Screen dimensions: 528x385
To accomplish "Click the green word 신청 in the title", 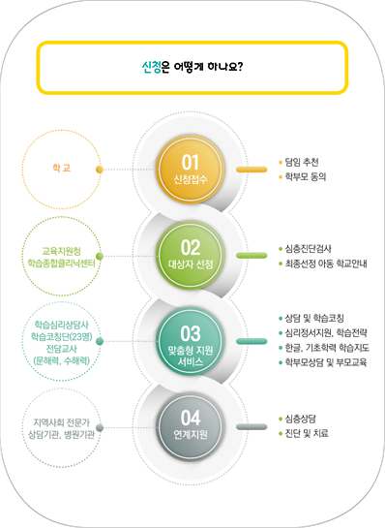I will point(150,68).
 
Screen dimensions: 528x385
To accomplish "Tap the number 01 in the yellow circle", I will point(191,160).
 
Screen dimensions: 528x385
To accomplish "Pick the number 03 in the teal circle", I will point(191,330).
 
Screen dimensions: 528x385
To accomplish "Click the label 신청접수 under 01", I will point(191,179).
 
